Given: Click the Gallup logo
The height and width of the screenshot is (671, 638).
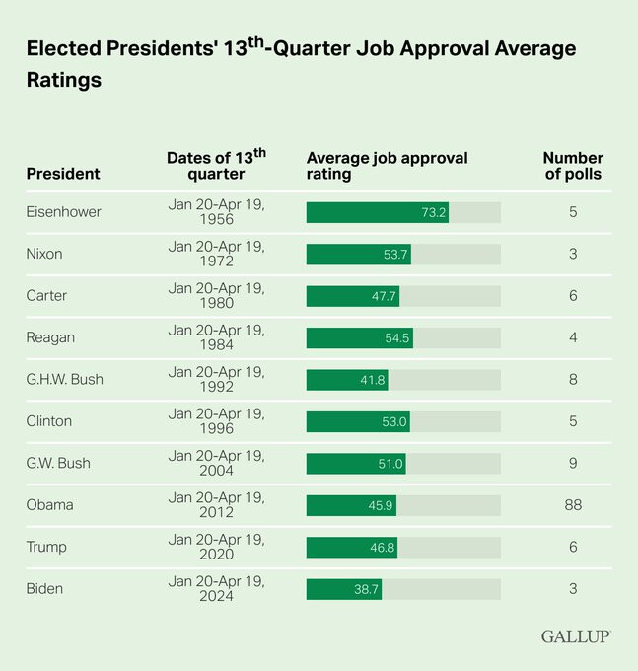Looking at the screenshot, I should pyautogui.click(x=575, y=636).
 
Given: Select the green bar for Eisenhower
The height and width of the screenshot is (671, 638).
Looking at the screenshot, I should pyautogui.click(x=377, y=212).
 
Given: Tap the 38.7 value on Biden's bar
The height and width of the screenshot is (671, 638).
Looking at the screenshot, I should pyautogui.click(x=365, y=589).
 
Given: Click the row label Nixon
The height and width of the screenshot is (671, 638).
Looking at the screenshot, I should pyautogui.click(x=44, y=254).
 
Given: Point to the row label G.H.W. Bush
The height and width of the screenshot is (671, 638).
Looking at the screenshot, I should pyautogui.click(x=64, y=380).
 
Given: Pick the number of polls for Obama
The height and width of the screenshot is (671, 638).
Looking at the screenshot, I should pyautogui.click(x=573, y=505).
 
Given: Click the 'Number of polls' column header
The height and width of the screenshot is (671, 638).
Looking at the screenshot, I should pyautogui.click(x=573, y=166).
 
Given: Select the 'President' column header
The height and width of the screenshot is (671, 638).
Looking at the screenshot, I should pyautogui.click(x=63, y=174).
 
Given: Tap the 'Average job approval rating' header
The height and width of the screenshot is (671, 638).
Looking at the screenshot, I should pyautogui.click(x=388, y=166).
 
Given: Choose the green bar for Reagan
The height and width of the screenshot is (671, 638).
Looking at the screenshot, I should pyautogui.click(x=359, y=337).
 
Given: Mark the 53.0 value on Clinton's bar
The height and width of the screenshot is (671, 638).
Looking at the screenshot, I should pyautogui.click(x=393, y=421).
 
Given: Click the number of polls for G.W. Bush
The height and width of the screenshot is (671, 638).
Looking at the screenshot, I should pyautogui.click(x=573, y=464).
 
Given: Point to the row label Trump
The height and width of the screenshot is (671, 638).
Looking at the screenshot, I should pyautogui.click(x=46, y=548).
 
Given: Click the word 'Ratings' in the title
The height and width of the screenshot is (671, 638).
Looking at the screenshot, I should pyautogui.click(x=64, y=81).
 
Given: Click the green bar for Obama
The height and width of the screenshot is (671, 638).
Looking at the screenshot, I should pyautogui.click(x=351, y=505).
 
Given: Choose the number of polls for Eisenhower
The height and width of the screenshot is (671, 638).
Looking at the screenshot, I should pyautogui.click(x=573, y=212).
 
